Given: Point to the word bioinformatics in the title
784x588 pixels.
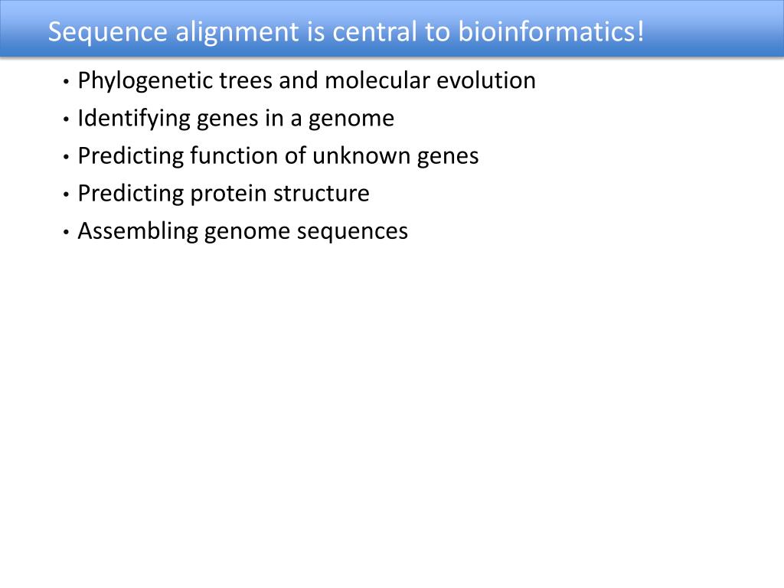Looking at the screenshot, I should point(545,32).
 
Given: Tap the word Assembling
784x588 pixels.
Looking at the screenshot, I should point(138,231).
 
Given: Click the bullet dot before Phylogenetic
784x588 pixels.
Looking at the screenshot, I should point(67,81).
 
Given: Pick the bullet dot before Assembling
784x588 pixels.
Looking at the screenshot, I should point(67,232).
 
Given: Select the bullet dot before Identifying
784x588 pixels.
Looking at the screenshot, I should point(67,119).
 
